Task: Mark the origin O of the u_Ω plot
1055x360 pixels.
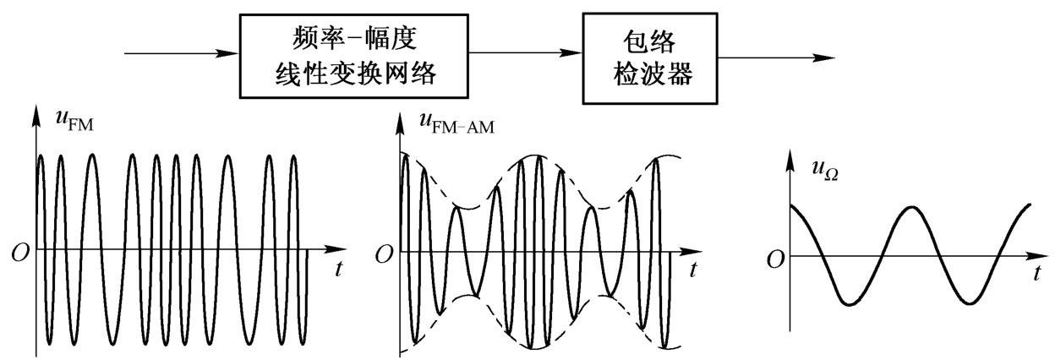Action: point(773,260)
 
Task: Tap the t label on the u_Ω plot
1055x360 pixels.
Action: point(1036,274)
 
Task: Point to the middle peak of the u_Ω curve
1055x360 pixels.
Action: point(910,206)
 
